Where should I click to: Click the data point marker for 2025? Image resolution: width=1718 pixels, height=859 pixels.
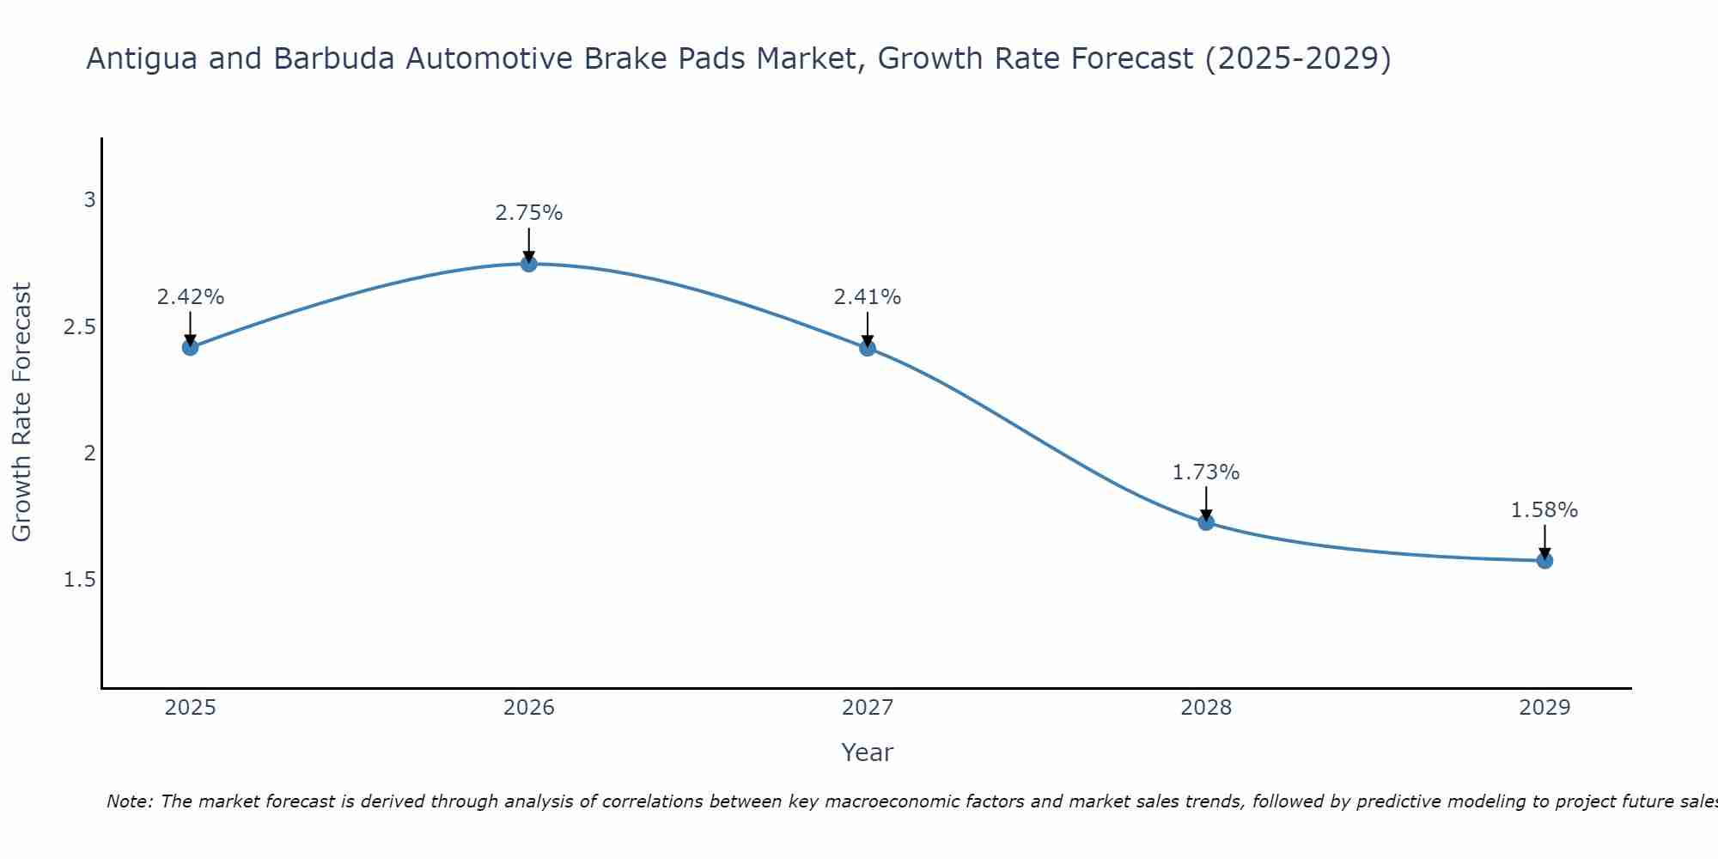[191, 347]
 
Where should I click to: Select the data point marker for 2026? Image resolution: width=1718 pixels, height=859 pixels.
[529, 264]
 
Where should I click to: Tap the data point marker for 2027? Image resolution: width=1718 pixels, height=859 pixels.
[868, 348]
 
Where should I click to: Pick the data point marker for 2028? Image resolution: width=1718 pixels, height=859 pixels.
[1206, 522]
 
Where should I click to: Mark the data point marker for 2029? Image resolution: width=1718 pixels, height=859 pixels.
[1544, 561]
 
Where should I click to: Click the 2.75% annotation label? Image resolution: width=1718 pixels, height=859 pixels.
[529, 213]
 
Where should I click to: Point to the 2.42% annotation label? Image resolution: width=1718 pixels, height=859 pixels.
[191, 297]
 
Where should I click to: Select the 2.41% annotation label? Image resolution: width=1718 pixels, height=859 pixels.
[868, 297]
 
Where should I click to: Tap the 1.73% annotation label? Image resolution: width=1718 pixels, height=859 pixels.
[1206, 472]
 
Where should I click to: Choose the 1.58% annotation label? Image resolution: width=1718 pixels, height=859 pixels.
[1544, 510]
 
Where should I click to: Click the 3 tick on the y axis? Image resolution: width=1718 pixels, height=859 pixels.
[89, 200]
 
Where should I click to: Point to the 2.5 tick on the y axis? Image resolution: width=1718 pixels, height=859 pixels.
[80, 327]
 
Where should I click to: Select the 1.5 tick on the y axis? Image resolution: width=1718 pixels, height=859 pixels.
[80, 581]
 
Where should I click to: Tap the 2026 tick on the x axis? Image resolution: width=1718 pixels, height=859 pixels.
[529, 708]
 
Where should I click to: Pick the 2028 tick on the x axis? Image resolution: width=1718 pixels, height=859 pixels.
[1206, 708]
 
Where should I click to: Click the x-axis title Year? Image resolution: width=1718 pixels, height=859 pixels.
[868, 752]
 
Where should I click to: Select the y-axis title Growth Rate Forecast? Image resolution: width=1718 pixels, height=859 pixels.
[22, 412]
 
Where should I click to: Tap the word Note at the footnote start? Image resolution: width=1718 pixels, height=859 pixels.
[129, 801]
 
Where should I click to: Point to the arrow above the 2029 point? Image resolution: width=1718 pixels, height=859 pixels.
[1544, 541]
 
